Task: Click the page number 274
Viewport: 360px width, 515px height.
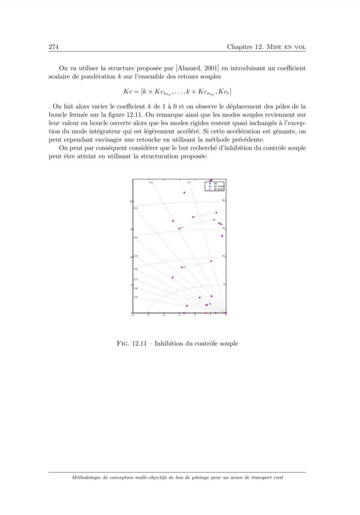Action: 53,47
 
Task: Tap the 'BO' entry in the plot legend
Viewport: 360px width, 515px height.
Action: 216,183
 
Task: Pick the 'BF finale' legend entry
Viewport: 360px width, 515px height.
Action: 218,189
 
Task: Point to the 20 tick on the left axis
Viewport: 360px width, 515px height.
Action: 131,201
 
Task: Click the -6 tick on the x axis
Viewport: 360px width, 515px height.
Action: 133,316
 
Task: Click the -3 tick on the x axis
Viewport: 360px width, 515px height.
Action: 179,316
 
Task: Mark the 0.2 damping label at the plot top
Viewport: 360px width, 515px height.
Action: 151,182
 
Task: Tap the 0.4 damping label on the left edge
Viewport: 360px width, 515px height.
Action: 135,238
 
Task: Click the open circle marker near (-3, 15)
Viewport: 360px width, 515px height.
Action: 179,229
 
